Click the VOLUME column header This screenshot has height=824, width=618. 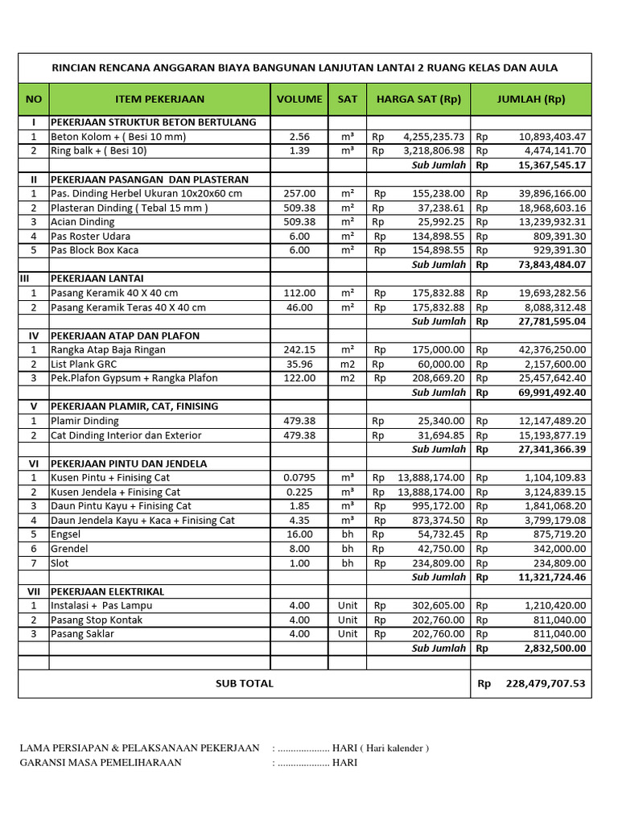point(299,100)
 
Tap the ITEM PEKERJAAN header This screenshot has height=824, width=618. point(160,100)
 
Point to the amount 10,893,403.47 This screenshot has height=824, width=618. point(553,137)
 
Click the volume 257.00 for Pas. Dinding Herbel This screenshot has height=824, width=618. point(299,194)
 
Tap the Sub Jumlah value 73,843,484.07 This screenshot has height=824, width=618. point(552,265)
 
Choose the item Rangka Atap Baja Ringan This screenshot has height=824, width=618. point(108,350)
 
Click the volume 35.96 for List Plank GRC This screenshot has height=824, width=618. point(299,364)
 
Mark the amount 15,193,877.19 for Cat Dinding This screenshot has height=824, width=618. point(553,435)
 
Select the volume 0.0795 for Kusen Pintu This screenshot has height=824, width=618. point(299,478)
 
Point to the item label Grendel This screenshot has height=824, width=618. point(69,549)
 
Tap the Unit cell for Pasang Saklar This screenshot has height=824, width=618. point(348,634)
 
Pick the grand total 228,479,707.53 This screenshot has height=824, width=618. point(546,683)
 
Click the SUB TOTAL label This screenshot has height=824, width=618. point(245,683)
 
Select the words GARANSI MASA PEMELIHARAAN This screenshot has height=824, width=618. point(101,763)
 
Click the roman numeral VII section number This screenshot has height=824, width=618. point(34,591)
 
